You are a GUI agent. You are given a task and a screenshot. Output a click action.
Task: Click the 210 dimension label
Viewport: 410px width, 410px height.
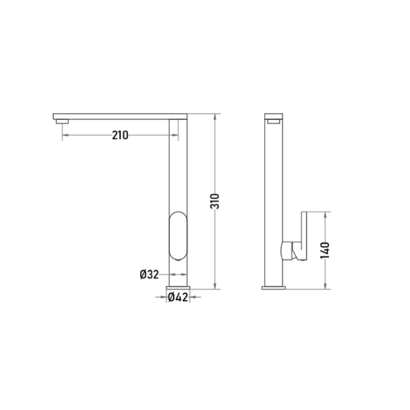[x=120, y=135]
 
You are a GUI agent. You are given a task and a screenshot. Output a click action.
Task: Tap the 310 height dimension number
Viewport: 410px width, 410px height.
[x=215, y=201]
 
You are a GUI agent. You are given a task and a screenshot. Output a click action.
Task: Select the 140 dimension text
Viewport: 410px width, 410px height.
[x=325, y=251]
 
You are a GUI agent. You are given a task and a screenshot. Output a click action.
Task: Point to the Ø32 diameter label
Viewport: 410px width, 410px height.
[x=149, y=275]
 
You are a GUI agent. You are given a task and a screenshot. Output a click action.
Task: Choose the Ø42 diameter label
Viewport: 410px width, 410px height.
[x=178, y=297]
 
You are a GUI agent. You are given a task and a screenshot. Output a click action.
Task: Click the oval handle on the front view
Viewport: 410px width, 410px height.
[x=178, y=236]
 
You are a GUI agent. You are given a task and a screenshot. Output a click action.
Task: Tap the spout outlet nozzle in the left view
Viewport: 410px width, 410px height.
[x=62, y=122]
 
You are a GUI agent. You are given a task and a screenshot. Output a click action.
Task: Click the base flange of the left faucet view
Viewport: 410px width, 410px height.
[x=178, y=288]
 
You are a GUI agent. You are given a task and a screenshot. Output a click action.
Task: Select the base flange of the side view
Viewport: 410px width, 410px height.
[x=274, y=288]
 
